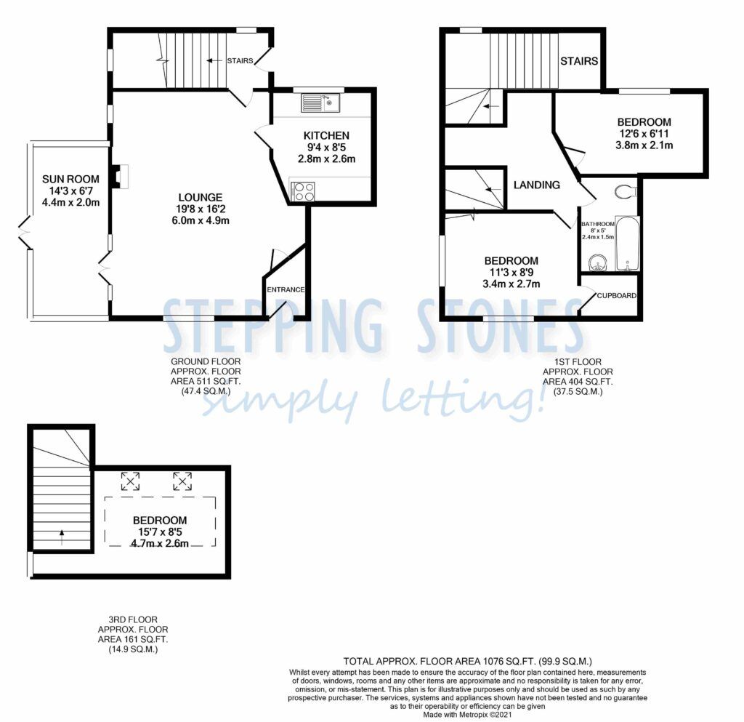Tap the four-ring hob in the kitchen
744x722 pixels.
pos(303,192)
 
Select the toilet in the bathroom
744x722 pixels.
pos(626,192)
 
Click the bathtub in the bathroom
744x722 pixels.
pos(627,244)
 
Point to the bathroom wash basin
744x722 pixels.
pos(598,262)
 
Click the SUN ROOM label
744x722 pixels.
pos(70,179)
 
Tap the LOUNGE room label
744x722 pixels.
pos(201,197)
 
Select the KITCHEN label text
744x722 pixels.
pos(326,135)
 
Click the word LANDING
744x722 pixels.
pos(537,185)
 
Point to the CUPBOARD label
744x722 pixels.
pos(616,295)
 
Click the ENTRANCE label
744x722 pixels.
pos(286,289)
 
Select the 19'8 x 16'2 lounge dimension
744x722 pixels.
pos(201,209)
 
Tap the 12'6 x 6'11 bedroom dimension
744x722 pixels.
pos(644,134)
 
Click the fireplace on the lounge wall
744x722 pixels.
pos(119,177)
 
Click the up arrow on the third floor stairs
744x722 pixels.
pos(62,537)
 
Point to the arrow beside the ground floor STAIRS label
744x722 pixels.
pos(215,61)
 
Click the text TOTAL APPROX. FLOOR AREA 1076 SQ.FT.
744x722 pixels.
pos(440,661)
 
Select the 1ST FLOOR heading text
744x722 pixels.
pos(578,361)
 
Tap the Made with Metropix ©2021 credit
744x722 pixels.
pos(467,715)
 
